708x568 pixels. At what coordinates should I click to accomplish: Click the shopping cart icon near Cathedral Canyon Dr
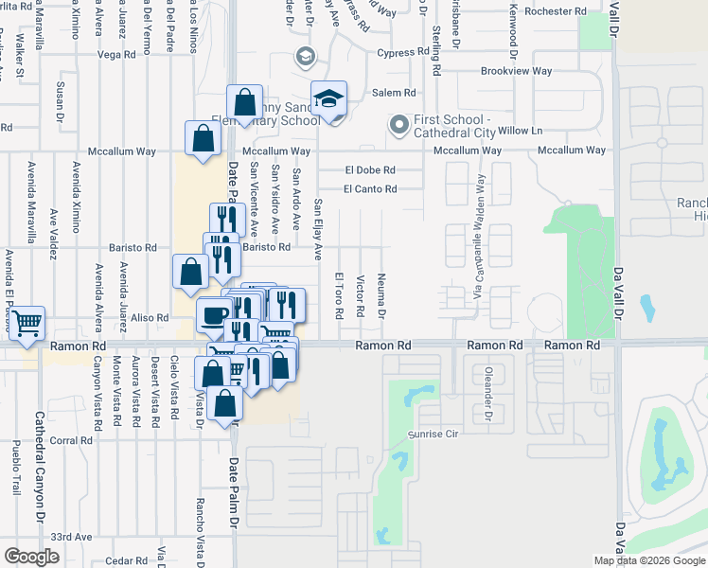click(27, 324)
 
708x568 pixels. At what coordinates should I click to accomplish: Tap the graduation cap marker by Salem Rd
click(328, 98)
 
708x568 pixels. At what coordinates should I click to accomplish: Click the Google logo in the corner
click(33, 557)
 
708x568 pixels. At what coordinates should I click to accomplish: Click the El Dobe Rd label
click(370, 170)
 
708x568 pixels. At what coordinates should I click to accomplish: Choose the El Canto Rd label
click(370, 189)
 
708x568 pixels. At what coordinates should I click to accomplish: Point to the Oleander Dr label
click(489, 394)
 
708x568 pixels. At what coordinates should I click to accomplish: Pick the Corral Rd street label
click(71, 440)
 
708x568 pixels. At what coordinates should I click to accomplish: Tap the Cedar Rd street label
click(127, 560)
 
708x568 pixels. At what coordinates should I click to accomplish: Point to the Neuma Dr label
click(382, 296)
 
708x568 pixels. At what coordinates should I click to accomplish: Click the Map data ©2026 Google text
click(649, 560)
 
